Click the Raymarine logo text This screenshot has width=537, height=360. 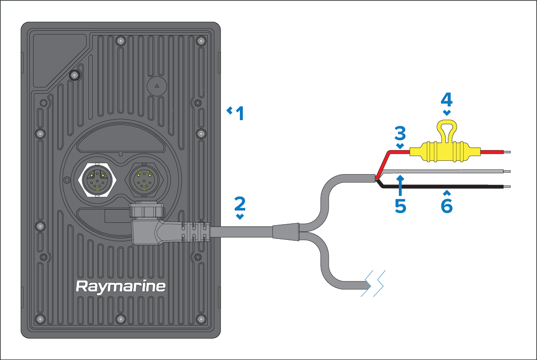121,286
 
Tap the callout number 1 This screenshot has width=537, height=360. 240,114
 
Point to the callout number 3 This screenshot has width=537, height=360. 400,133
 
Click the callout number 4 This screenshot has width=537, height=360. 446,99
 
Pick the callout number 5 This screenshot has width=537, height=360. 400,206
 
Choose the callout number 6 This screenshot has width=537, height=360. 446,206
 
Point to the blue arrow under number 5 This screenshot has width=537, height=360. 400,184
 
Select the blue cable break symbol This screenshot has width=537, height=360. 374,283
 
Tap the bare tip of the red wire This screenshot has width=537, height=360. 506,152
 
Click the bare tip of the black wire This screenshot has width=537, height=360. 506,187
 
